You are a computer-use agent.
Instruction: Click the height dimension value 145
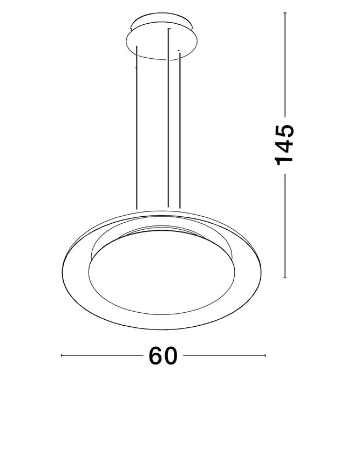click(x=284, y=145)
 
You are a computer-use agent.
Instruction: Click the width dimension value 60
click(x=162, y=356)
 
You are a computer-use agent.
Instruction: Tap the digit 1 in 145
click(x=284, y=160)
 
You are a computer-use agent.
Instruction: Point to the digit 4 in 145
click(x=284, y=145)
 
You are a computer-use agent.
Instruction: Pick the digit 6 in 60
click(x=154, y=356)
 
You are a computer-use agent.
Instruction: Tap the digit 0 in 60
click(x=171, y=356)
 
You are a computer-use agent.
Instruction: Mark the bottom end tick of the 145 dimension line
click(x=285, y=278)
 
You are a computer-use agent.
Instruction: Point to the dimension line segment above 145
click(x=285, y=65)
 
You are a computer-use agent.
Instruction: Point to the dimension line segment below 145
click(x=285, y=226)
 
